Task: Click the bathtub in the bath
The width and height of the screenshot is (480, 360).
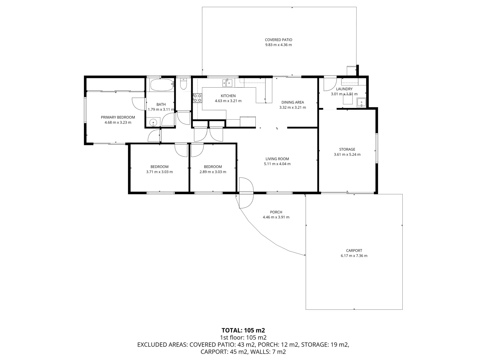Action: click(x=162, y=85)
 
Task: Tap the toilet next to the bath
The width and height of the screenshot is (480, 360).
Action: click(x=183, y=84)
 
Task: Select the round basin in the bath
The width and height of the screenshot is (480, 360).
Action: click(x=153, y=122)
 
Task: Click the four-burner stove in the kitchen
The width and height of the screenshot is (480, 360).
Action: click(x=197, y=98)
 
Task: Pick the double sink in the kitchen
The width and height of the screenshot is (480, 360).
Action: click(x=227, y=82)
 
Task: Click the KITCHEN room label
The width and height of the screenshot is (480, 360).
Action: click(x=228, y=96)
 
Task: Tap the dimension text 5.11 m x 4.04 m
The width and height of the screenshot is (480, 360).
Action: click(x=277, y=164)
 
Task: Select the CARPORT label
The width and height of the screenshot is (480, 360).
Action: click(x=354, y=251)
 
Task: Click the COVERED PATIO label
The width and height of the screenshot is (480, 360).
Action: click(x=278, y=40)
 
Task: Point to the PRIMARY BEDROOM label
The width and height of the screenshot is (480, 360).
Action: click(x=118, y=117)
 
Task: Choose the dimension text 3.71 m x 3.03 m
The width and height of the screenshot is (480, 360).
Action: click(x=159, y=172)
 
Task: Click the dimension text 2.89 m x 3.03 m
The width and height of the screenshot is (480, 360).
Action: click(x=213, y=172)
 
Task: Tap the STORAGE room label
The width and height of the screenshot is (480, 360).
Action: click(x=347, y=149)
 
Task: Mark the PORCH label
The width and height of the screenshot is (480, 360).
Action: click(x=276, y=212)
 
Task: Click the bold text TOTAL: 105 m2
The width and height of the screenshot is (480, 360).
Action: click(x=243, y=330)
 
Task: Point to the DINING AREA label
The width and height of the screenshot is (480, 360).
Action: click(x=292, y=102)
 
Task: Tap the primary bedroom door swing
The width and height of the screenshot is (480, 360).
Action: click(x=138, y=103)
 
